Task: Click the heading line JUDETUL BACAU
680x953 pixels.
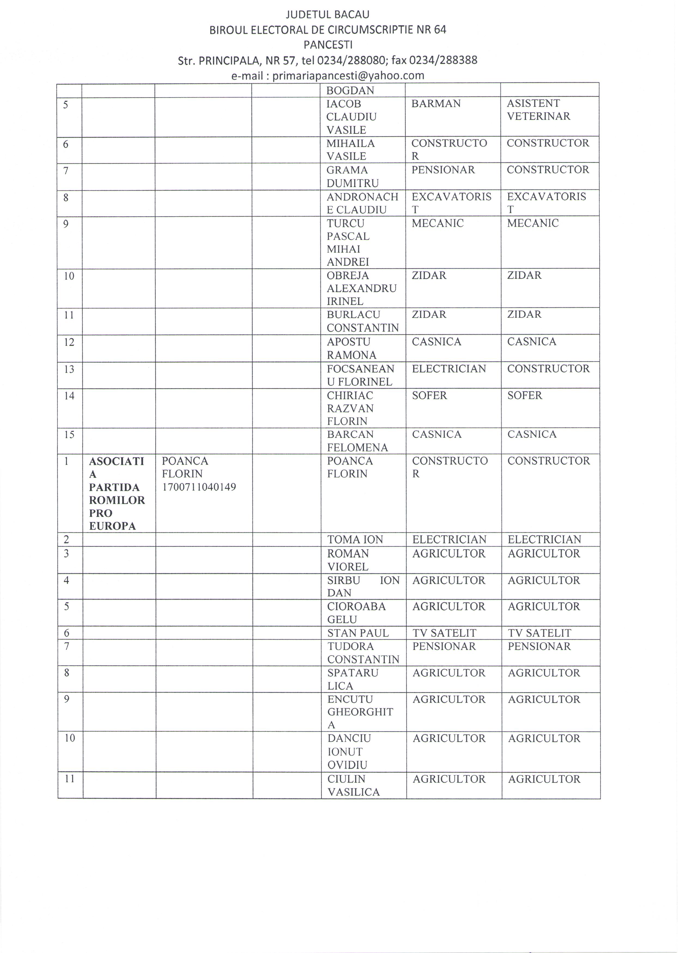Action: (327, 15)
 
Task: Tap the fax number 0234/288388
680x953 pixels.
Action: (443, 60)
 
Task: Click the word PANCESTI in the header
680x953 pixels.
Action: (327, 44)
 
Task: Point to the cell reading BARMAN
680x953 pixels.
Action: (436, 104)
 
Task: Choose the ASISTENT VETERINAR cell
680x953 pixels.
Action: (539, 110)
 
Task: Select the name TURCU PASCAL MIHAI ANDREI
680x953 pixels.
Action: (348, 242)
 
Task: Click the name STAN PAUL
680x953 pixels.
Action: (358, 633)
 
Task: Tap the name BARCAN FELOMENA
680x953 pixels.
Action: (357, 441)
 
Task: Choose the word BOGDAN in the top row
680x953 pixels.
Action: (350, 90)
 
